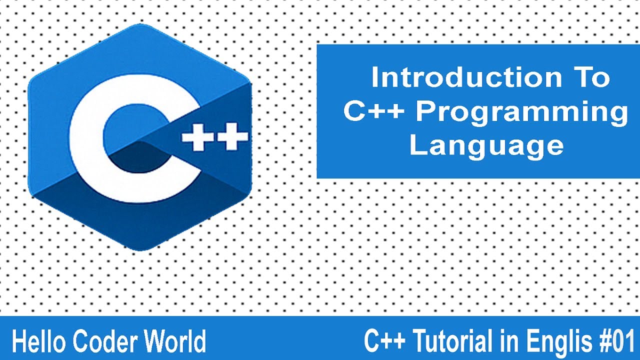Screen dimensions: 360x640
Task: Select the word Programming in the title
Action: tap(522, 112)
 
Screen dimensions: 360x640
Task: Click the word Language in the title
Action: tap(486, 145)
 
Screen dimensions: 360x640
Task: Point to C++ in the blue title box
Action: tap(374, 112)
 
